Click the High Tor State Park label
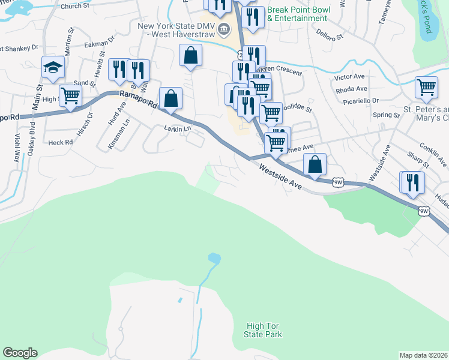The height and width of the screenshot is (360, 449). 264,330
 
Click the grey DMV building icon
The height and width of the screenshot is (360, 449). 224,28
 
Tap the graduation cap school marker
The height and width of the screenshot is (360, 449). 53,67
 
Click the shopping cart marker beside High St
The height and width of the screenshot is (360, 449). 70,95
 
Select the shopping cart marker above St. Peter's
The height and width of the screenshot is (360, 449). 426,87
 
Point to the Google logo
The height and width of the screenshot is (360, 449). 20,353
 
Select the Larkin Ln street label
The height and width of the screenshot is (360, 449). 177,128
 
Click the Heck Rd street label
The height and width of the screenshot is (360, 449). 60,142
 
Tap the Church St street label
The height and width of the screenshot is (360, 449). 74,7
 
